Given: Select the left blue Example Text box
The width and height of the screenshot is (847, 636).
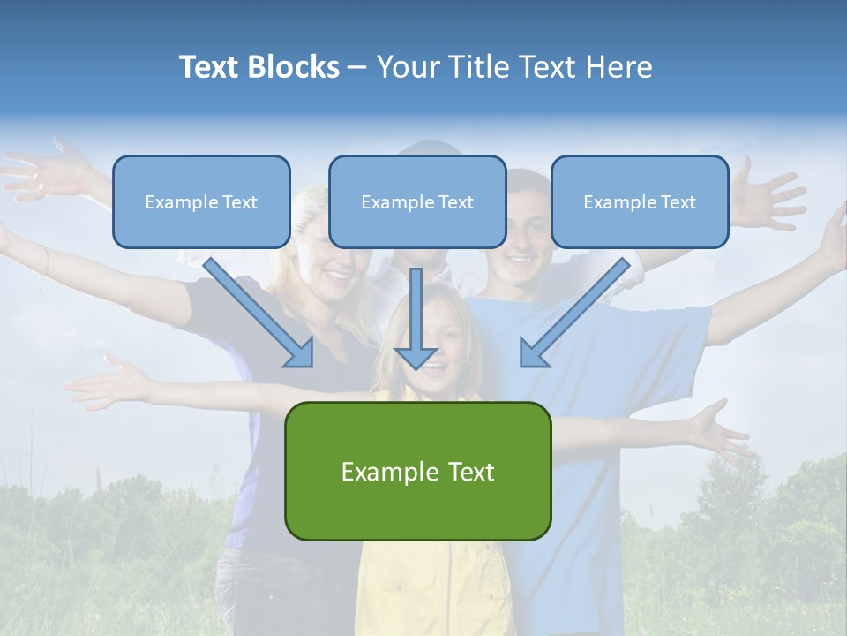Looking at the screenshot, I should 201,201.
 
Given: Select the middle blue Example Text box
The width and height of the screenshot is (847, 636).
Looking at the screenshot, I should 417,201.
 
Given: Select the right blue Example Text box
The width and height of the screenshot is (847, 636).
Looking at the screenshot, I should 640,201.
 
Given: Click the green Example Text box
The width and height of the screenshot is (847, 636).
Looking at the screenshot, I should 417,471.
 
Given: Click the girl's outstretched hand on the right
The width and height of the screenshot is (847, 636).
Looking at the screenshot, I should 719,431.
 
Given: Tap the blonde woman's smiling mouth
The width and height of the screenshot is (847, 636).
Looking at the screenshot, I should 337,276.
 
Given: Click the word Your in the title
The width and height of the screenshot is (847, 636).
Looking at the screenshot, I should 407,67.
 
